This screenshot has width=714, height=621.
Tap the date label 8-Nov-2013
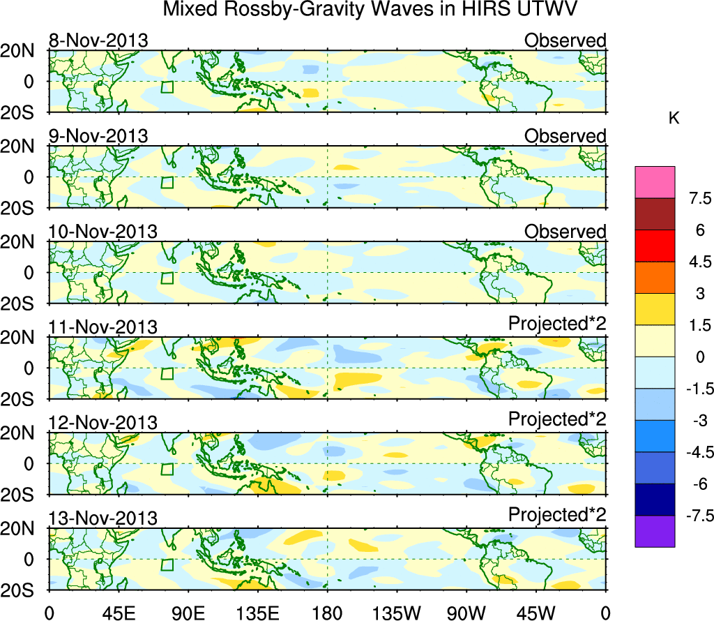(98, 40)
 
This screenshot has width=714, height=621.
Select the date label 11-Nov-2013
(103, 327)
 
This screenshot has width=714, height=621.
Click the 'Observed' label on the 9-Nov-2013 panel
(565, 136)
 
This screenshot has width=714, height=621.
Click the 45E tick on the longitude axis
(117, 613)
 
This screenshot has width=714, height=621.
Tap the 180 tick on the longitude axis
(327, 613)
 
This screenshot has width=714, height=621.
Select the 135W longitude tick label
(397, 613)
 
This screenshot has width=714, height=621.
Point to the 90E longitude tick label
(187, 613)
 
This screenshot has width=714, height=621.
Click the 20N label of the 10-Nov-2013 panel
(23, 242)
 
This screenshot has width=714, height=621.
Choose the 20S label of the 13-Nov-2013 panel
(23, 591)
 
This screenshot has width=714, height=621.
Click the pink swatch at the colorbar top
(655, 183)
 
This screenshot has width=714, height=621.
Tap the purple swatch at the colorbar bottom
(655, 531)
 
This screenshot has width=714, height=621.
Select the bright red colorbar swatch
(655, 246)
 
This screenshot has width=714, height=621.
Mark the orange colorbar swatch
(655, 278)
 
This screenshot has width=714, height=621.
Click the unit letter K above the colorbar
(674, 119)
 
